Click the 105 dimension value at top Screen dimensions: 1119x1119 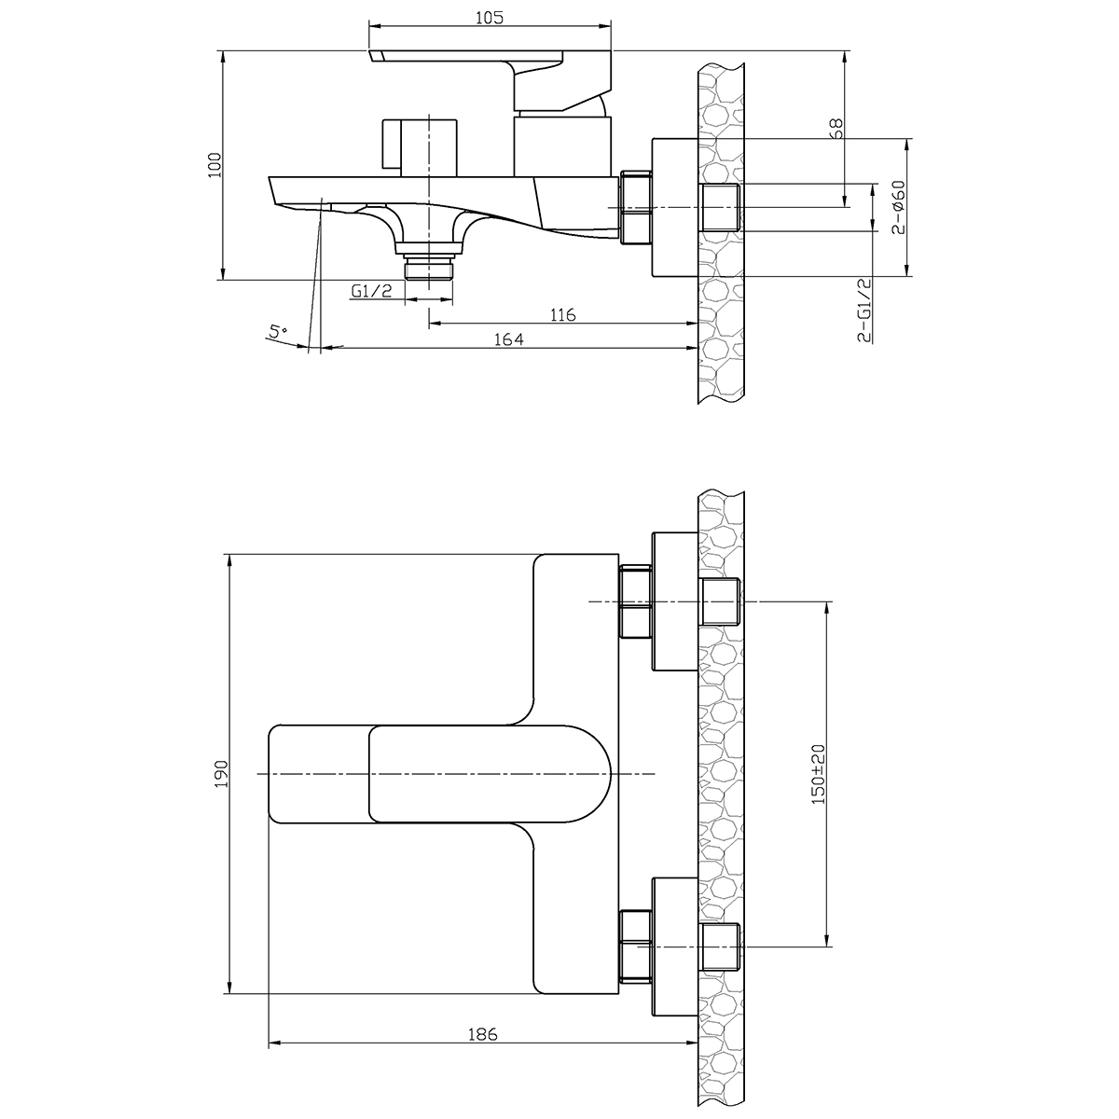[489, 18]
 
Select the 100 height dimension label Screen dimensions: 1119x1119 [214, 165]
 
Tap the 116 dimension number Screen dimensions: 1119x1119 [562, 315]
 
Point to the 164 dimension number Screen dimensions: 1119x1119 [508, 339]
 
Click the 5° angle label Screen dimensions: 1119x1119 [278, 332]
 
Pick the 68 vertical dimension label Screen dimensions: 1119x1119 [836, 129]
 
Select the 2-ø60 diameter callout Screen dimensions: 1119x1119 [898, 207]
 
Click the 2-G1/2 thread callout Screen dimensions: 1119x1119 [864, 310]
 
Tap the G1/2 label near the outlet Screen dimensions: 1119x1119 [371, 291]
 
